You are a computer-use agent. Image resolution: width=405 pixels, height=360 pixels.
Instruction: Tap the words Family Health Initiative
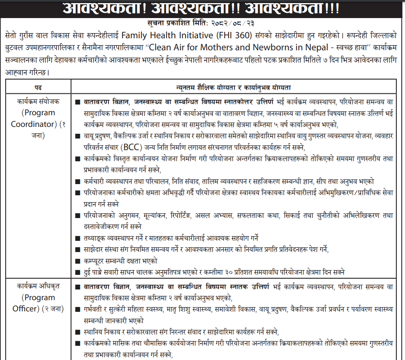pyautogui.click(x=162, y=34)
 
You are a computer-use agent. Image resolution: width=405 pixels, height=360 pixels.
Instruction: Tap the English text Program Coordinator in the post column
pyautogui.click(x=39, y=118)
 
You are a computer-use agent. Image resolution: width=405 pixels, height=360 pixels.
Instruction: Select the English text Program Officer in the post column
pyautogui.click(x=34, y=303)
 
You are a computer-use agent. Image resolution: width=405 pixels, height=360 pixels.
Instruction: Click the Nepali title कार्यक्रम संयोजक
pyautogui.click(x=39, y=102)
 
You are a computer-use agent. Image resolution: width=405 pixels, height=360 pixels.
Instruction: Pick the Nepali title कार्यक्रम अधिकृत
pyautogui.click(x=39, y=286)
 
